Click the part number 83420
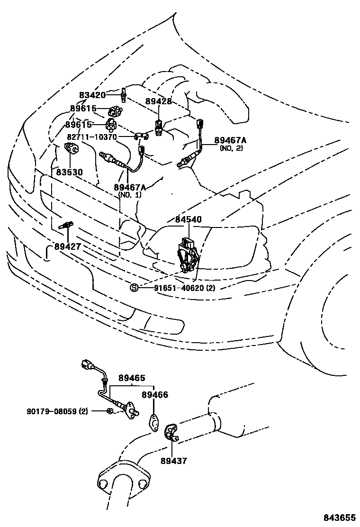92,95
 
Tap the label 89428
159,101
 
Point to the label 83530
69,173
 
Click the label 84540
189,219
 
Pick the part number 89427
68,247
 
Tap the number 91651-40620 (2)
184,288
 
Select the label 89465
132,378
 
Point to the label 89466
155,395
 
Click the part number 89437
174,461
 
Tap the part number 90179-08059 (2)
57,411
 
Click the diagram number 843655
340,517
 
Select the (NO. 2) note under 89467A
231,148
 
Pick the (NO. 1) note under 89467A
130,195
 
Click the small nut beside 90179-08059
109,410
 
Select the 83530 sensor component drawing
71,148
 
